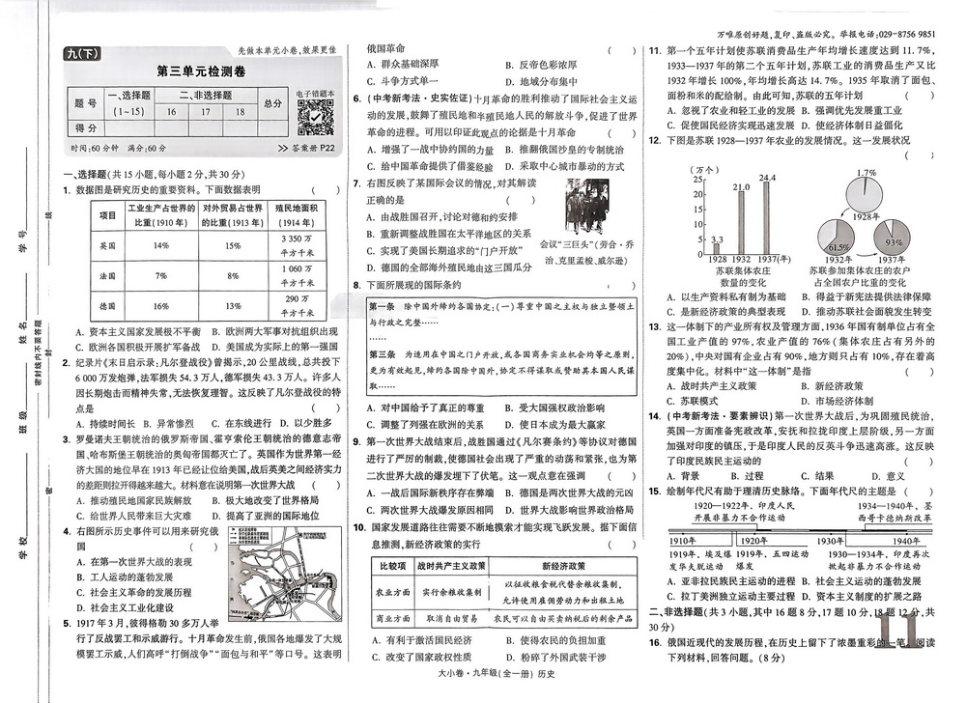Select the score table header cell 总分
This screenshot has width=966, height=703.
(x=272, y=104)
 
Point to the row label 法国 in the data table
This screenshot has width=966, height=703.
(x=108, y=275)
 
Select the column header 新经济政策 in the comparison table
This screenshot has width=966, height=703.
(x=570, y=565)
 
